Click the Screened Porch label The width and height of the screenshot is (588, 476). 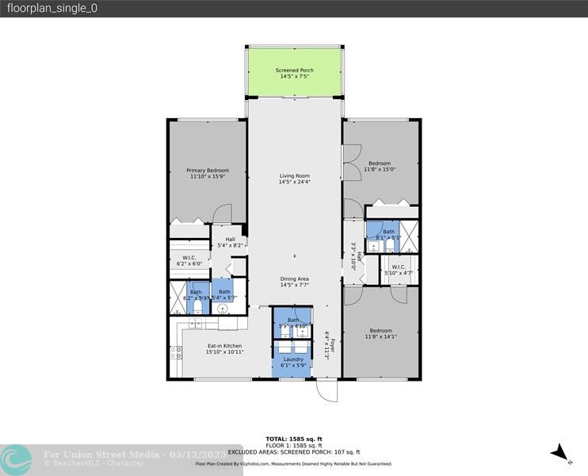pos(295,71)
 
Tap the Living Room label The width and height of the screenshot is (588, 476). pos(294,176)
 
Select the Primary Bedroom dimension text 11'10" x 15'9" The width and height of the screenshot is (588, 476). pos(208,177)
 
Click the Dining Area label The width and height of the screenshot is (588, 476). pos(294,279)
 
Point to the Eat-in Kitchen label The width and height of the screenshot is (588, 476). pos(224,346)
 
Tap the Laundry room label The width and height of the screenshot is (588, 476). pos(293,360)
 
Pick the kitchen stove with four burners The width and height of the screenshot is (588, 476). pos(175,353)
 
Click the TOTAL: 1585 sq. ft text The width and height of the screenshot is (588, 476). pos(294,438)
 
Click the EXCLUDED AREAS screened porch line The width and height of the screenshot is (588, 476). pos(294,451)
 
